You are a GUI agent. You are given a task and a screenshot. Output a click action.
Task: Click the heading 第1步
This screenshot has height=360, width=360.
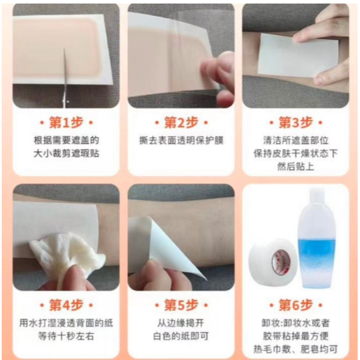(x=66, y=122)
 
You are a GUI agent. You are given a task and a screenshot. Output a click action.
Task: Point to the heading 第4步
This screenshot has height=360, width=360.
(x=66, y=305)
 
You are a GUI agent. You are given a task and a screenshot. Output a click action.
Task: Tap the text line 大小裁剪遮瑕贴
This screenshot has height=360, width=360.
(x=66, y=154)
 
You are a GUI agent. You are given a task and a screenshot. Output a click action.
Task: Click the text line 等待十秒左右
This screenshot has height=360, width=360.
(x=66, y=337)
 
